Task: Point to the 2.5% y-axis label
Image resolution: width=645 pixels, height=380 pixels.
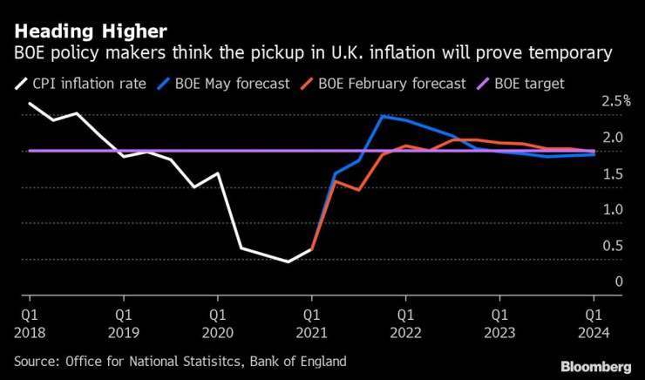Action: pos(615,101)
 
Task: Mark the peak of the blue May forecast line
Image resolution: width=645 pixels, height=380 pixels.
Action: pos(383,116)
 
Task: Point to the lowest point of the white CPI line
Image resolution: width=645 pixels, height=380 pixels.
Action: pos(289,261)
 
